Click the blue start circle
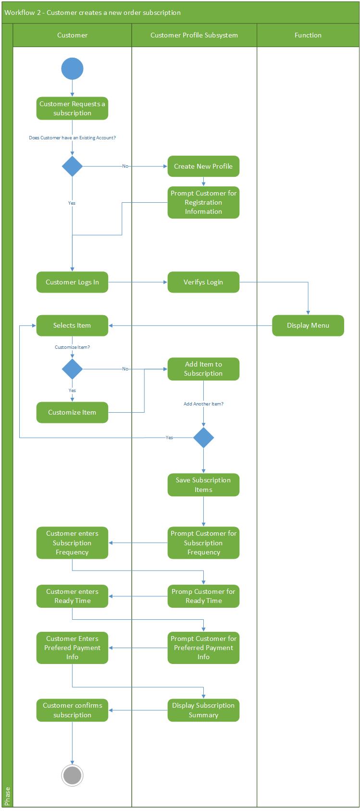click(x=72, y=69)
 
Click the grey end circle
click(x=72, y=775)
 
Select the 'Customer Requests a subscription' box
click(x=72, y=109)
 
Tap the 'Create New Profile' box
click(x=203, y=166)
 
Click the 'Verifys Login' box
click(x=203, y=282)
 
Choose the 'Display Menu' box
click(x=308, y=325)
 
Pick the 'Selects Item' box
click(x=72, y=325)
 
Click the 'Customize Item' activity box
click(x=72, y=412)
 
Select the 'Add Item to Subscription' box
click(x=203, y=369)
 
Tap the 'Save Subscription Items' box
click(x=203, y=485)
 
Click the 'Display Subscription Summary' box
click(x=203, y=710)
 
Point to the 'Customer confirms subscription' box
click(x=72, y=710)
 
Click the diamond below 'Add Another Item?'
click(x=203, y=438)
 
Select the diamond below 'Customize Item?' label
click(x=72, y=369)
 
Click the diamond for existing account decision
click(x=72, y=166)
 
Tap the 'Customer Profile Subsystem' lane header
click(x=194, y=35)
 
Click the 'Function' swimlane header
click(x=308, y=35)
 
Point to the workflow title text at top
click(x=93, y=12)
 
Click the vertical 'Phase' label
click(x=7, y=796)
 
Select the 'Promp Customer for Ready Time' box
click(x=203, y=596)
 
